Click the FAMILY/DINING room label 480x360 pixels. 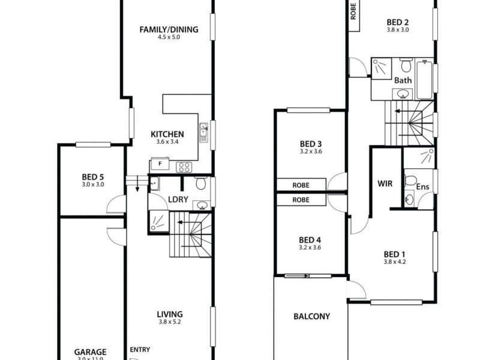click(169, 29)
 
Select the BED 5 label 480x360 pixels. click(93, 176)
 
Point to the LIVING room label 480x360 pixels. click(169, 314)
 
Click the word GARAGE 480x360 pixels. click(90, 352)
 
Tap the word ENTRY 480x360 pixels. click(139, 350)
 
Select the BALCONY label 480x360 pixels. click(311, 317)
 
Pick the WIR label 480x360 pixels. click(385, 184)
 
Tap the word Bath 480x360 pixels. click(403, 80)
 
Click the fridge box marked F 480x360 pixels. click(160, 163)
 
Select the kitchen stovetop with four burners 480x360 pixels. click(183, 166)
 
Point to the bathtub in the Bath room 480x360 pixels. click(425, 79)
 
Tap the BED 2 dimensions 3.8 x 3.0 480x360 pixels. click(397, 29)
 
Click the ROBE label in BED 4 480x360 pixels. click(301, 200)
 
